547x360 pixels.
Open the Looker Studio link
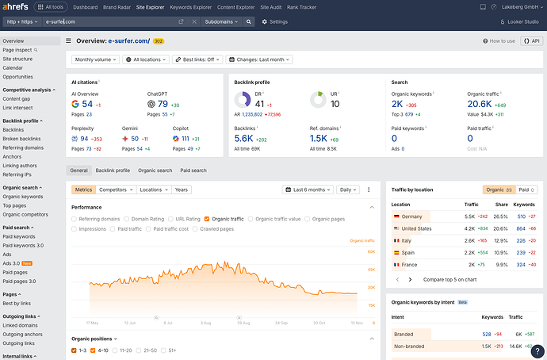point(521,21)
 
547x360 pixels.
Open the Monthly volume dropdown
point(96,59)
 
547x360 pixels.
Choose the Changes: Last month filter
point(259,59)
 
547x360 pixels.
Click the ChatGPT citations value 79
point(163,104)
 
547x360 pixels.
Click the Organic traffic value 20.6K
point(480,104)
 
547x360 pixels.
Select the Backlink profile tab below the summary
point(113,170)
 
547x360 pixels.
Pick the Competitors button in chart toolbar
point(116,190)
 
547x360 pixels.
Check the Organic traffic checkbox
point(207,218)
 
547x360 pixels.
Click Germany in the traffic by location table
point(411,216)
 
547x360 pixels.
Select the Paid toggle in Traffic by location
point(524,190)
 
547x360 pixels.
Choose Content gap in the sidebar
point(17,99)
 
